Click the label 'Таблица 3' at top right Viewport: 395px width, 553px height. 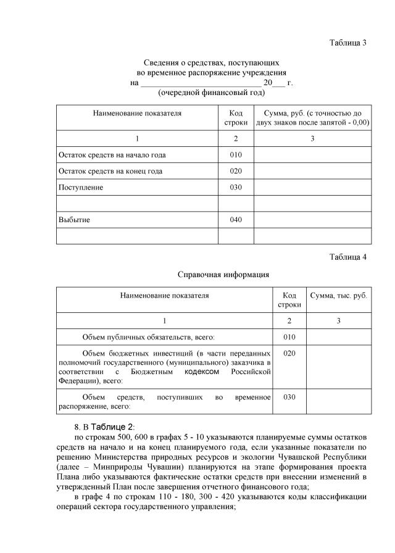click(348, 43)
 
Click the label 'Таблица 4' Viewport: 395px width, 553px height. click(348, 257)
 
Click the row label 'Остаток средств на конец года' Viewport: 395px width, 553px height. click(110, 171)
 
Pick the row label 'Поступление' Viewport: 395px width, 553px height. click(81, 187)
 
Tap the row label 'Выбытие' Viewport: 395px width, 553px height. click(73, 220)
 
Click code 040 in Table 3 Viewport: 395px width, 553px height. click(235, 220)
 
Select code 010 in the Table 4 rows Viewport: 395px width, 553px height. click(289, 336)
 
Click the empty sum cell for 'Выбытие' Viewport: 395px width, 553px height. click(312, 220)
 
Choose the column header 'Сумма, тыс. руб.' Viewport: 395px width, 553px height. click(338, 296)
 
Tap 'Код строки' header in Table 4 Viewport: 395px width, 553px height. click(289, 300)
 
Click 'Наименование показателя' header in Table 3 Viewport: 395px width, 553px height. click(137, 114)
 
